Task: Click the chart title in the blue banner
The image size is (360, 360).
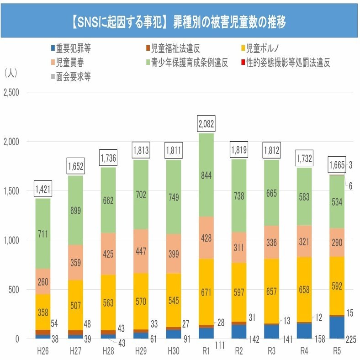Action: [x=180, y=21]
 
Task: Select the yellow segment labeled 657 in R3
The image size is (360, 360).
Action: [x=271, y=291]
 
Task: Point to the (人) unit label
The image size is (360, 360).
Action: [x=11, y=73]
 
